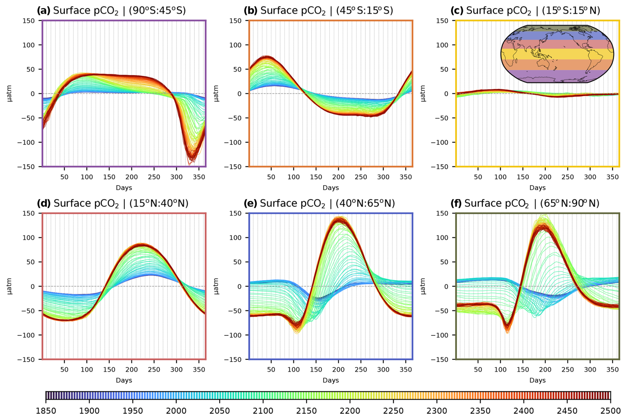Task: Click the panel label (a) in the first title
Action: pos(43,11)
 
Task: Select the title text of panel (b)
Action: pos(318,11)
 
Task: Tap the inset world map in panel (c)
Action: pos(557,54)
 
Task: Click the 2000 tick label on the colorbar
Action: pos(176,411)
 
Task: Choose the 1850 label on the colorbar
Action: pos(46,411)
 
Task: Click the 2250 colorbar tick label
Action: pos(393,411)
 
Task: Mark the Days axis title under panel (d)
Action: pos(124,380)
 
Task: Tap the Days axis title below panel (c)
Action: pos(537,188)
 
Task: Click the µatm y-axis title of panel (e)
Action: pos(216,286)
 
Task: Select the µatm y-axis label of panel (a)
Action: pos(9,94)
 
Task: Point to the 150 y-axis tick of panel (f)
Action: pos(442,213)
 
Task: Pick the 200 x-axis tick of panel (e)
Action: pos(338,370)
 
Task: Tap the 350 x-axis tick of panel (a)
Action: pos(199,177)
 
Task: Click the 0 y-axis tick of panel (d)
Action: pos(32,286)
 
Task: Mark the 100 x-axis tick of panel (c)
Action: pos(500,177)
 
